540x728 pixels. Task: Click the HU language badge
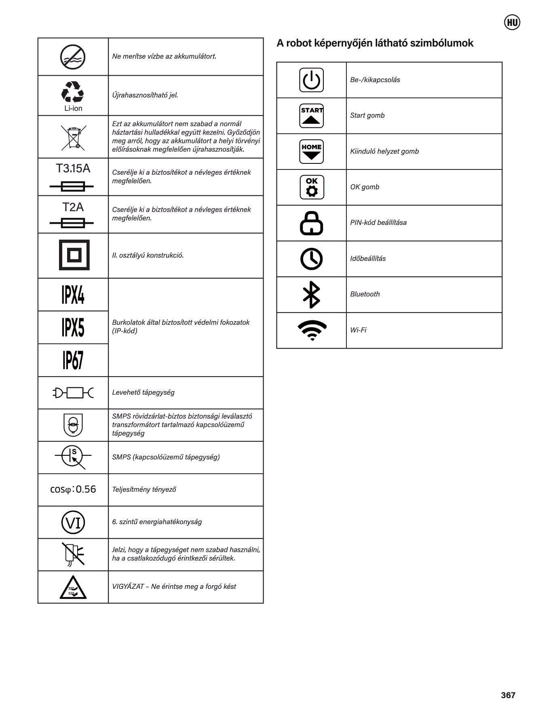512,22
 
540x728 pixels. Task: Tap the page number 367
508,695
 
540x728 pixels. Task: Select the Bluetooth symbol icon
311,294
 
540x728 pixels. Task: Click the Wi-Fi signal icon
312,330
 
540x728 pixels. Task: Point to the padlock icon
311,223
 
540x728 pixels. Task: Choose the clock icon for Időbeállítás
311,259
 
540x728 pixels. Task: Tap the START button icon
311,116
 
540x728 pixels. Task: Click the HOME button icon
311,151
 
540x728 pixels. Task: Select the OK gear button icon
312,187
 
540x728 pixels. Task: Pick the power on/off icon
311,80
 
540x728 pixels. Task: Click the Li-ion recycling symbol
73,95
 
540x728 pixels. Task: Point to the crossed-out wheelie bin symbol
73,137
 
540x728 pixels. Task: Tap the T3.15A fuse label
73,168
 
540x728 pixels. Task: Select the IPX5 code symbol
73,328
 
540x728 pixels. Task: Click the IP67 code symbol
73,360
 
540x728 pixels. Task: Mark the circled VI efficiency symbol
73,522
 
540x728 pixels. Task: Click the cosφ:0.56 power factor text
73,489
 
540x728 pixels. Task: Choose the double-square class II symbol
74,255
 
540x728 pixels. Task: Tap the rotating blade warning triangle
73,588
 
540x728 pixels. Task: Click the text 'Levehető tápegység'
143,392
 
